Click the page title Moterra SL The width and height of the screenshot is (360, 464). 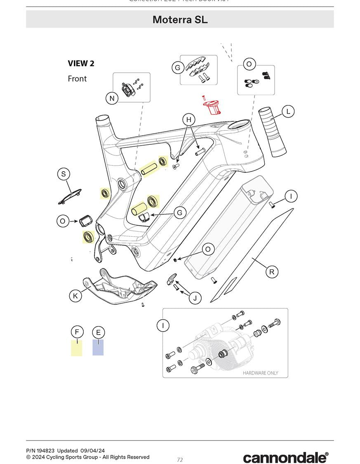click(x=180, y=19)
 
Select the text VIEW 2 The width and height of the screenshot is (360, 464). click(x=81, y=64)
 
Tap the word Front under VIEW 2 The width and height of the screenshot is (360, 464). click(x=77, y=78)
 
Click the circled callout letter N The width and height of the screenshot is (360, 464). click(x=112, y=98)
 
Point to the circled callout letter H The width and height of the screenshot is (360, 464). click(x=188, y=120)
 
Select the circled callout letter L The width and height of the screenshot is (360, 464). click(x=288, y=111)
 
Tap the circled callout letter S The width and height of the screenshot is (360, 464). click(x=63, y=174)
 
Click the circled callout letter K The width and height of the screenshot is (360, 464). click(x=75, y=296)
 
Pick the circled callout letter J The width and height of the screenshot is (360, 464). click(x=195, y=298)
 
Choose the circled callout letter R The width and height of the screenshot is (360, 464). click(x=272, y=272)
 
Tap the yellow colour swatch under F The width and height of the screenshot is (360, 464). click(x=77, y=348)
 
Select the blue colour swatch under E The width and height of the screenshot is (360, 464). click(x=98, y=348)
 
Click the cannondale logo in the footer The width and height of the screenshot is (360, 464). click(x=285, y=457)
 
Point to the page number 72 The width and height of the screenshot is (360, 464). click(x=180, y=460)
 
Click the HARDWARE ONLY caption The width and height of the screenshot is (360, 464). click(x=260, y=373)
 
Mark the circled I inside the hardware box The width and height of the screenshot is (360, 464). click(x=163, y=326)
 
